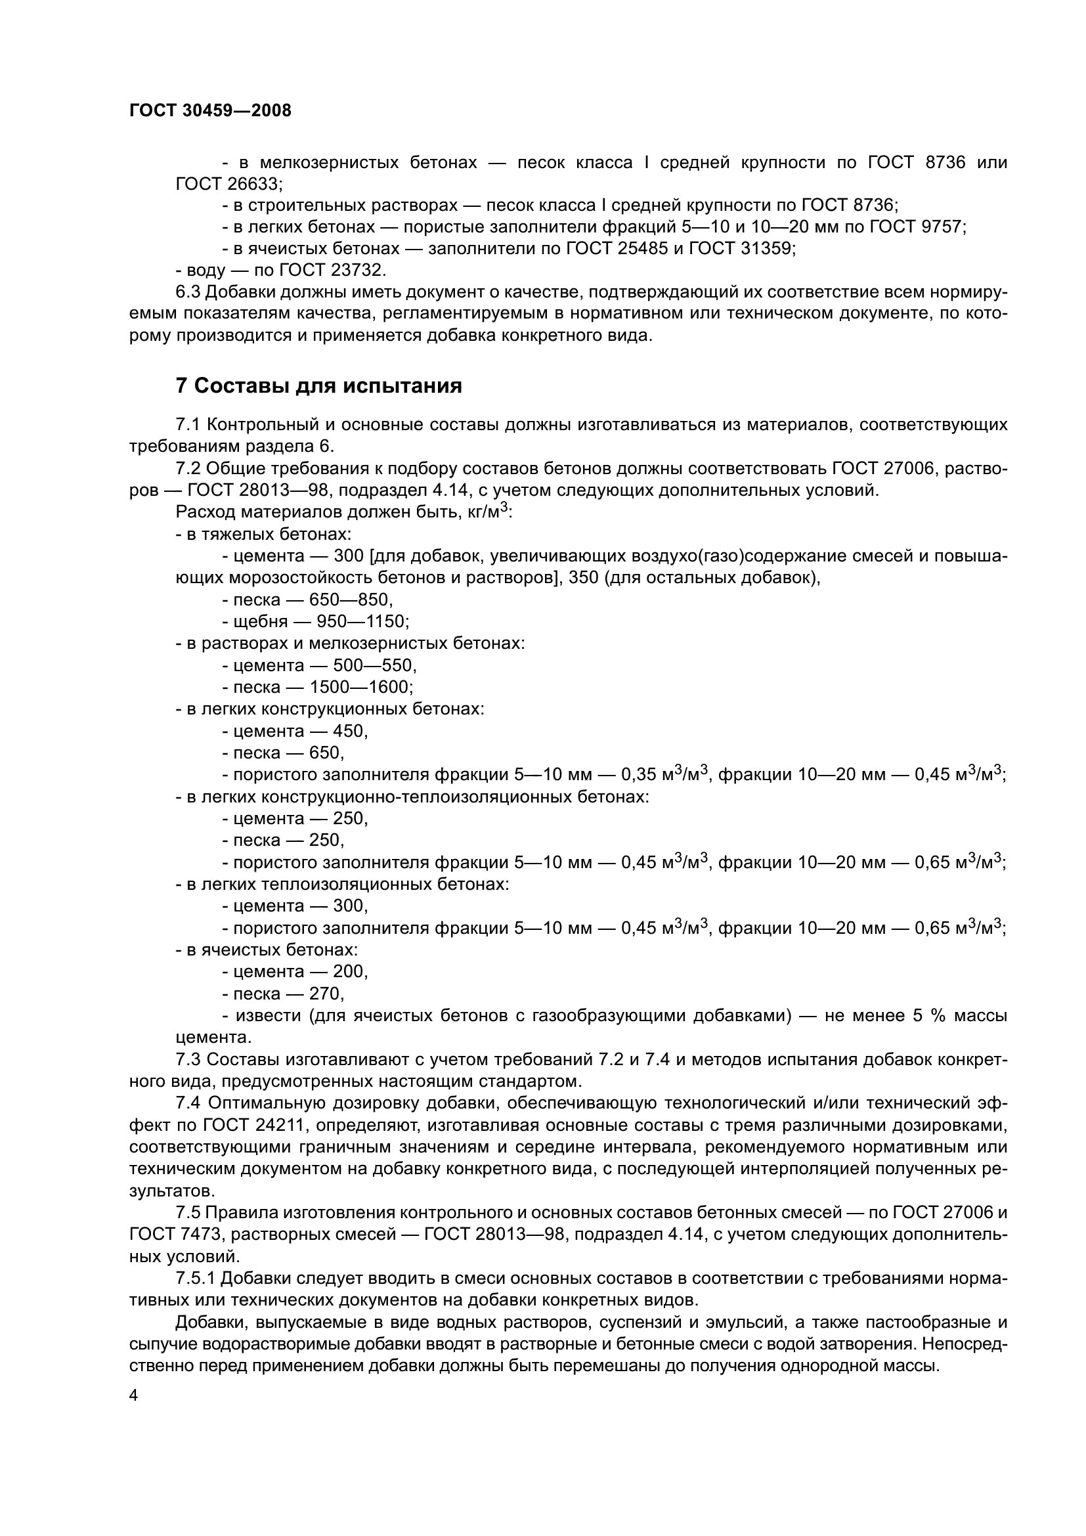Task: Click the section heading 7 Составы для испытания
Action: [x=318, y=386]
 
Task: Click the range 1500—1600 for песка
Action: [x=361, y=687]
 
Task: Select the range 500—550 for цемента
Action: [x=374, y=666]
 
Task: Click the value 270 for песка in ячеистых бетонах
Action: [x=326, y=994]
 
